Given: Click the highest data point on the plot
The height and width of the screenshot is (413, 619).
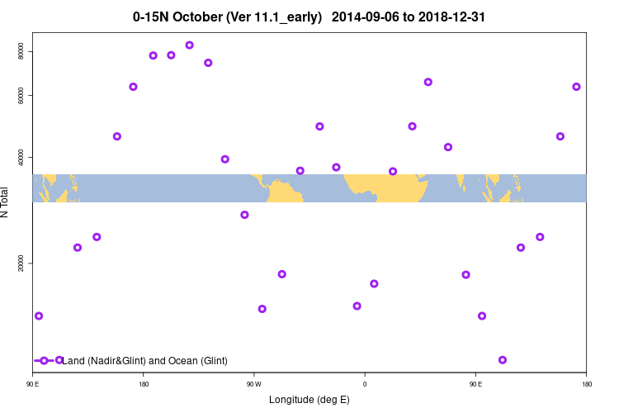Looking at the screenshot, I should click(189, 45).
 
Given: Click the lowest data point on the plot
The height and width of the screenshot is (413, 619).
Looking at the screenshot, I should click(503, 360).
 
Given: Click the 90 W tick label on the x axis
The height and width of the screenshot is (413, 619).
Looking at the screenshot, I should click(253, 384).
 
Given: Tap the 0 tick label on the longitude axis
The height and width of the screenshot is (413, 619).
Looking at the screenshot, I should click(365, 384).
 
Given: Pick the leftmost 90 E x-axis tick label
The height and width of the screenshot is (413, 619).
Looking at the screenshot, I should click(32, 384).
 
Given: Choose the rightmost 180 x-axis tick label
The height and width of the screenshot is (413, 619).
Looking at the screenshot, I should click(586, 384).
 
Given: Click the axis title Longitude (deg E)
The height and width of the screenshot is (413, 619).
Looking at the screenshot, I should click(309, 400).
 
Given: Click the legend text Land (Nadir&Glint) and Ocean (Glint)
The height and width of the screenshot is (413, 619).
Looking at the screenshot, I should click(144, 361).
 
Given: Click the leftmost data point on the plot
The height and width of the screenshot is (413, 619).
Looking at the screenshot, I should click(39, 316).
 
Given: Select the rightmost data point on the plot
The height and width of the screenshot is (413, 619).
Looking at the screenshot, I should click(576, 87).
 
